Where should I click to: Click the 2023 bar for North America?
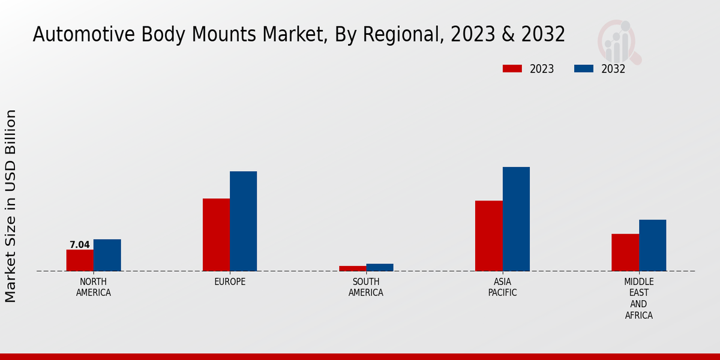click(x=80, y=260)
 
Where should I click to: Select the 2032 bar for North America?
click(x=107, y=255)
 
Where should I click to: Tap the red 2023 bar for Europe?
click(x=216, y=235)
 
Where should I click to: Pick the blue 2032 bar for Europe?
click(x=243, y=221)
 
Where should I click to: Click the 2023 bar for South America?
click(x=352, y=268)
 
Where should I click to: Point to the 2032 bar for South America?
click(x=380, y=268)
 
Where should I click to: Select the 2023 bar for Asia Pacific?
click(x=488, y=236)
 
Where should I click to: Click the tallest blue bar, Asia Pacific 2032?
click(x=516, y=219)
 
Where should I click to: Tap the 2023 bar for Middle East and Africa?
click(x=625, y=252)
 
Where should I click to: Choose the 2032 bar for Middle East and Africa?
click(x=652, y=245)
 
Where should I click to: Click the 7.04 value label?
click(x=80, y=245)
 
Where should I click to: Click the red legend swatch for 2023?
click(x=512, y=68)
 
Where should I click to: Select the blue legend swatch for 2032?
click(x=583, y=68)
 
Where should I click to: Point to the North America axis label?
click(x=94, y=287)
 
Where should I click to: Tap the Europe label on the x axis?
click(x=230, y=282)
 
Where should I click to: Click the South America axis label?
click(x=366, y=287)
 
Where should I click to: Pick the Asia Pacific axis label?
click(x=502, y=287)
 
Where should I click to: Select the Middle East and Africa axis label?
click(x=638, y=298)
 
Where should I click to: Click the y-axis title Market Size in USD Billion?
click(x=11, y=206)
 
